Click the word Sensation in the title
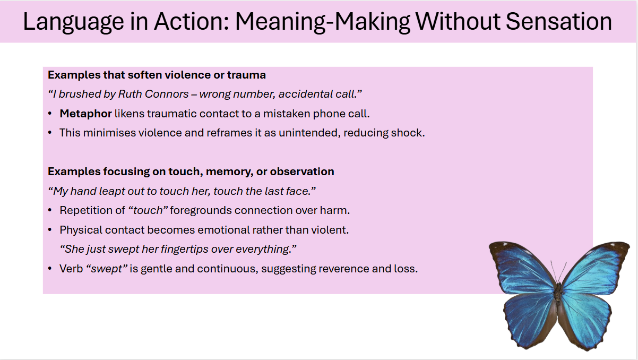[x=559, y=22]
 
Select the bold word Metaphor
[x=85, y=114]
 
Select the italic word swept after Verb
[x=106, y=269]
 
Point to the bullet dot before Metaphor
[x=50, y=114]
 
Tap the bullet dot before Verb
[x=50, y=269]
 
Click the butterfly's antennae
[x=558, y=272]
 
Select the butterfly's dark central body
[x=558, y=295]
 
